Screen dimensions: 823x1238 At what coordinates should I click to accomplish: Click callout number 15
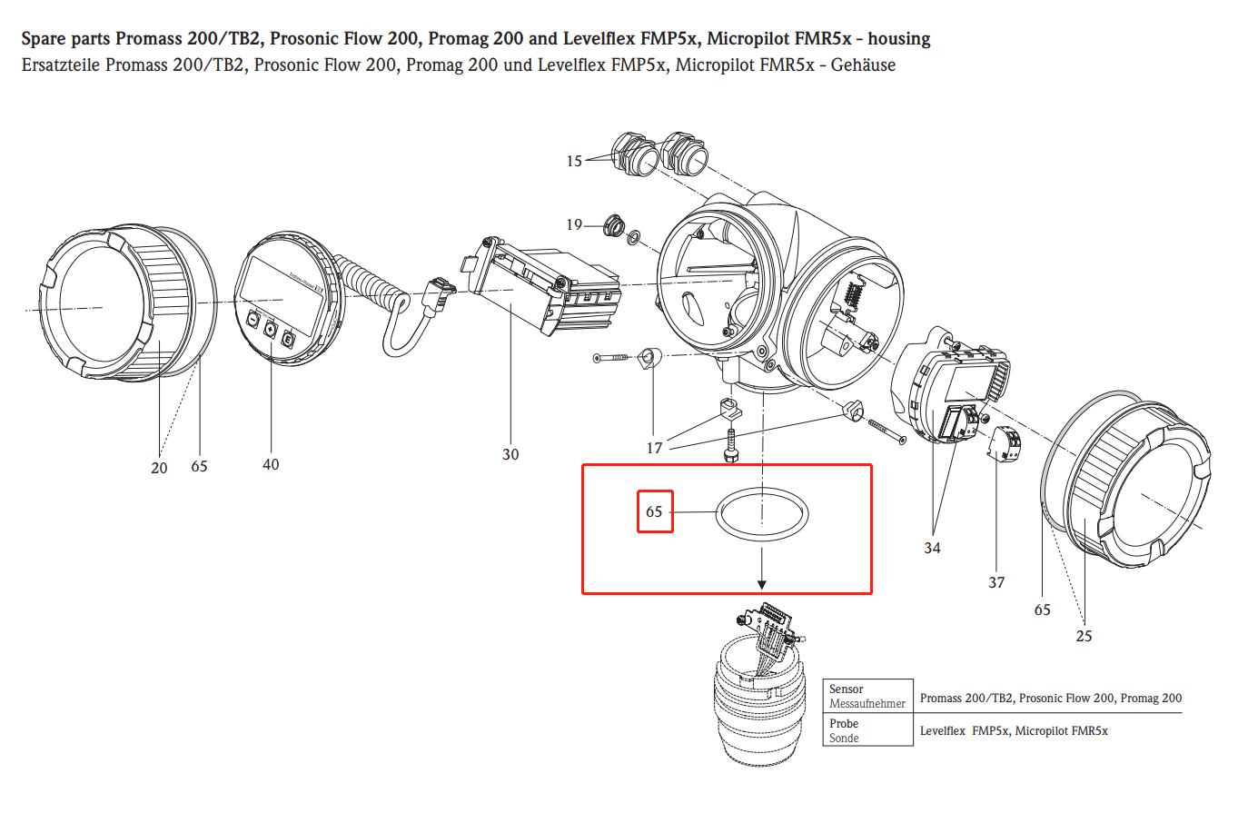coord(574,161)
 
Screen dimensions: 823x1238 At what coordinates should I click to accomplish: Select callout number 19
coord(574,224)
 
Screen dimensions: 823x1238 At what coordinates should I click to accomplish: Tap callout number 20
coord(159,468)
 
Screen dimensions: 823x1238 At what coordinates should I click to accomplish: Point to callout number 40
coord(271,464)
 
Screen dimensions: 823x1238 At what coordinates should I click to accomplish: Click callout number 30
coord(510,454)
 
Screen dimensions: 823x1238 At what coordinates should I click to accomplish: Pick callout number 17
coord(654,448)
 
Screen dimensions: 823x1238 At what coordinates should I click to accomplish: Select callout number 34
coord(932,548)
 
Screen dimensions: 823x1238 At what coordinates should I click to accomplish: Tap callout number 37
coord(996,582)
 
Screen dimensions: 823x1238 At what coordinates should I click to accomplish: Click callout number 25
coord(1084,636)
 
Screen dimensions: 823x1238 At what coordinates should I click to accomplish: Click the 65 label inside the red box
coord(654,511)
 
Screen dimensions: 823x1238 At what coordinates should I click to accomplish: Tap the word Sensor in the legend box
coord(846,689)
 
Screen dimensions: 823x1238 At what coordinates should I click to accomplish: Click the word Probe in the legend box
coord(844,724)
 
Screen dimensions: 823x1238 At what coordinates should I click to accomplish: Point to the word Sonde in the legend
coord(844,739)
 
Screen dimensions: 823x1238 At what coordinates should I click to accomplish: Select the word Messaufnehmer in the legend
coord(867,704)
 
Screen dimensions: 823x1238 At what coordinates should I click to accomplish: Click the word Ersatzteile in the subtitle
coord(61,65)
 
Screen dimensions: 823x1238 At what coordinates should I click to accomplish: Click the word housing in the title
coord(898,39)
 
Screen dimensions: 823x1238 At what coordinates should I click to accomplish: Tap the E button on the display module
coord(288,340)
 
